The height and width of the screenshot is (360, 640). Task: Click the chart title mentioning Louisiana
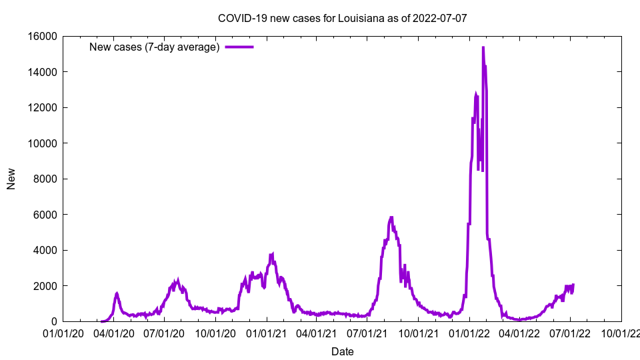343,18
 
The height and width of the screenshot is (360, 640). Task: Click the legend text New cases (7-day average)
155,47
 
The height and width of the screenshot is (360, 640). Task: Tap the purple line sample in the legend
239,47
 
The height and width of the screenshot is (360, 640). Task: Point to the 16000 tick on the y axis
41,36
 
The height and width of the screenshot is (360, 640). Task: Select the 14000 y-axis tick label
41,72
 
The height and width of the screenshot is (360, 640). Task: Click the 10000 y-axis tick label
41,143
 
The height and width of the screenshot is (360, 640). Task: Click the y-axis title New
11,179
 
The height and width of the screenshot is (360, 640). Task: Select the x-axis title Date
343,351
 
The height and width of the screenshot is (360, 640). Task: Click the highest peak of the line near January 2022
483,47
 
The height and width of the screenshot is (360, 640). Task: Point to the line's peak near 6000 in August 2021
391,217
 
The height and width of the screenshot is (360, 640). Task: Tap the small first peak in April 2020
117,293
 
